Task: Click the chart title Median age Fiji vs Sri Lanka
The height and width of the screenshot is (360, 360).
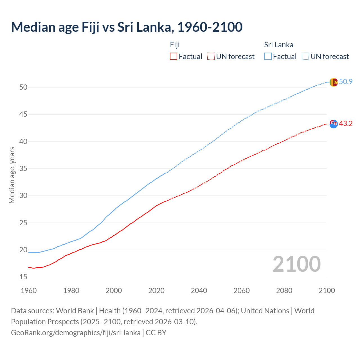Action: [x=127, y=27]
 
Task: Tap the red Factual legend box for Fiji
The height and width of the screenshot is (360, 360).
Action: [x=174, y=56]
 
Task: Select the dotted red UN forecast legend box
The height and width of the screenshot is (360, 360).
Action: [x=211, y=56]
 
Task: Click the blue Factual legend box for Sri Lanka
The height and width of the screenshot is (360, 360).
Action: [x=268, y=56]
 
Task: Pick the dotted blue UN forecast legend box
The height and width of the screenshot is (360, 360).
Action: [x=305, y=56]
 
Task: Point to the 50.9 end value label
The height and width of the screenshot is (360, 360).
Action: [x=346, y=82]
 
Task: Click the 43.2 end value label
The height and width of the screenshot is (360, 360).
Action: [x=346, y=123]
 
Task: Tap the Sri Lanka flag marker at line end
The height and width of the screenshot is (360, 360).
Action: [x=334, y=82]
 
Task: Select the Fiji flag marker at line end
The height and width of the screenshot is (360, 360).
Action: [x=334, y=124]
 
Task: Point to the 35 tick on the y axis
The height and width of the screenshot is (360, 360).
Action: [x=23, y=169]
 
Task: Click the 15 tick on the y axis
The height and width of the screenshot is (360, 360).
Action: [x=23, y=277]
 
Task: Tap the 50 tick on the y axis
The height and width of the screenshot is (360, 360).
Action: [x=23, y=87]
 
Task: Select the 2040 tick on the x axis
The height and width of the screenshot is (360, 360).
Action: [x=199, y=291]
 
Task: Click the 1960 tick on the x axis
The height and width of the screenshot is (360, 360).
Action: [x=29, y=291]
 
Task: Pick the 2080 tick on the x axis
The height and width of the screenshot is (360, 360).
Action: [x=284, y=291]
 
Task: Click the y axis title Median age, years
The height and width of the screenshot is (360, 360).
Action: [x=12, y=175]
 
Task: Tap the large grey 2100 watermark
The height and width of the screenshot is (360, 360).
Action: [x=296, y=264]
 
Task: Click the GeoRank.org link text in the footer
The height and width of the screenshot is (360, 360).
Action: [x=76, y=333]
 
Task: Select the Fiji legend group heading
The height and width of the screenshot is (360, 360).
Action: [x=175, y=45]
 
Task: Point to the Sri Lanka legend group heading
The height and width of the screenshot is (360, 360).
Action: [x=278, y=45]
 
